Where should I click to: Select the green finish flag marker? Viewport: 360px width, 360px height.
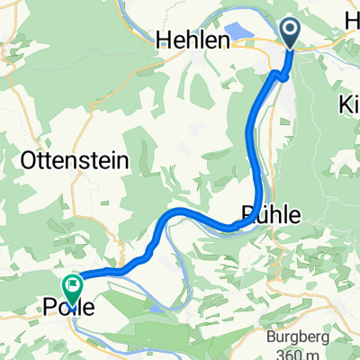pyautogui.click(x=71, y=289)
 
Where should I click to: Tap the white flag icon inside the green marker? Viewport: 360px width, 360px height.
pyautogui.click(x=71, y=286)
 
